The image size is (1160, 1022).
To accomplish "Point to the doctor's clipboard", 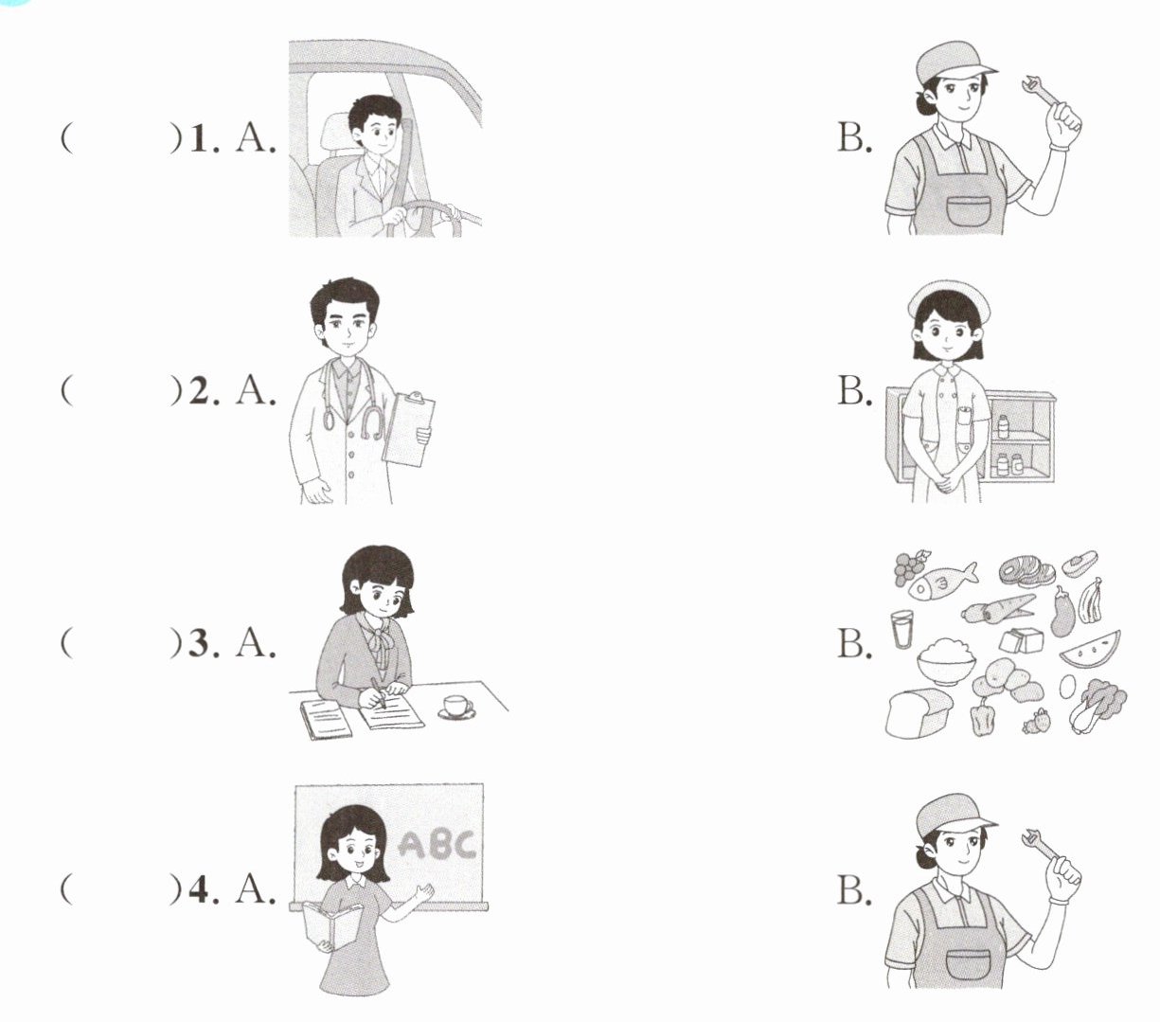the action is [x=408, y=428].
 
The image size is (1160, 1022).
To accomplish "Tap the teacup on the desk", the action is [x=457, y=707].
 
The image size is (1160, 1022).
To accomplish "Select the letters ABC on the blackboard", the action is [x=437, y=845].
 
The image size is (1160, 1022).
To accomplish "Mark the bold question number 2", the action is [x=199, y=392].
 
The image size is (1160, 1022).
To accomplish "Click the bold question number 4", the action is [x=199, y=891].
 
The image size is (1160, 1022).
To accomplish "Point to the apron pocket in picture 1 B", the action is [x=968, y=209].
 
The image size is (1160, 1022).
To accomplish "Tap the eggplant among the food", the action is [x=1063, y=611].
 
